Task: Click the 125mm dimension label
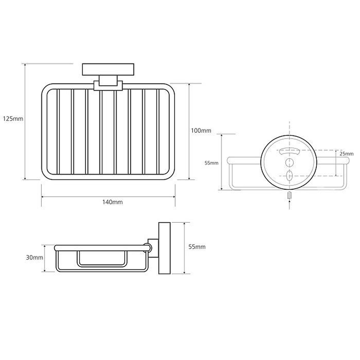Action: pyautogui.click(x=13, y=119)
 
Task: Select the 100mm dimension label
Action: pyautogui.click(x=201, y=130)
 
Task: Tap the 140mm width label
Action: pyautogui.click(x=112, y=202)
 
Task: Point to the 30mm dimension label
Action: pyautogui.click(x=35, y=257)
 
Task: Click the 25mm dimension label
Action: pyautogui.click(x=346, y=153)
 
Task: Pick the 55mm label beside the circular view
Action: pyautogui.click(x=211, y=163)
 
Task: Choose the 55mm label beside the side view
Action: pyautogui.click(x=197, y=247)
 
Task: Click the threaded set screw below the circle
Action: pyautogui.click(x=289, y=196)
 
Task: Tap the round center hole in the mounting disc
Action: pyautogui.click(x=289, y=162)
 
